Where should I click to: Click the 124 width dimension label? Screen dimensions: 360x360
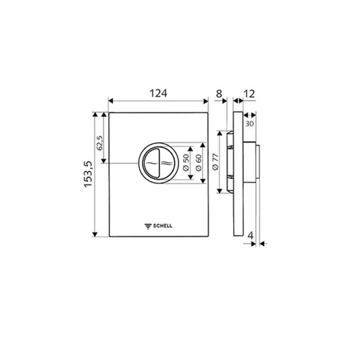[x=159, y=93]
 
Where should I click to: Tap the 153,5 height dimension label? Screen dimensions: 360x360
[x=88, y=174]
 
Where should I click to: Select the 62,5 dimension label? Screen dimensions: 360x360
[x=100, y=143]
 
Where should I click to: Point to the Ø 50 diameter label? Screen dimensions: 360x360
[x=186, y=163]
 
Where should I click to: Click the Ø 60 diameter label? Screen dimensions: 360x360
[x=199, y=163]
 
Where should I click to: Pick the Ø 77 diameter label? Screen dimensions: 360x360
[x=215, y=162]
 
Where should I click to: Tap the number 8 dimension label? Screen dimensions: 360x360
[x=220, y=94]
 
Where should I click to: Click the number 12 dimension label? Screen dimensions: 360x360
[x=249, y=94]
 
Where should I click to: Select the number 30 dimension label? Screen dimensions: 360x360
[x=249, y=124]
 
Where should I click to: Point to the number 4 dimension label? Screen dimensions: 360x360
[x=251, y=236]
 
